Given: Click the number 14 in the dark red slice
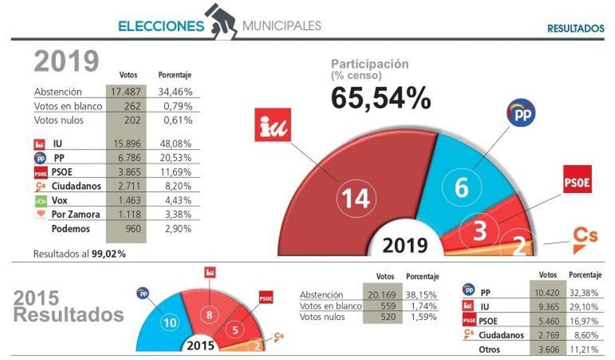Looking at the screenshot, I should point(356,198).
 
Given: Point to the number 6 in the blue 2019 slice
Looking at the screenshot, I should point(462,188).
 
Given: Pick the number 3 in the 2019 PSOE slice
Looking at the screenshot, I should point(479,231).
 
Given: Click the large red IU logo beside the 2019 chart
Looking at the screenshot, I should point(273,125).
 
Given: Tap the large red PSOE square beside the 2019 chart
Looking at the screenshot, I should point(577,179).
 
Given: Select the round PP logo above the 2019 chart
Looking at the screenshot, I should point(521,112).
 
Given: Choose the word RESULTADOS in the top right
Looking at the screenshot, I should point(576,29).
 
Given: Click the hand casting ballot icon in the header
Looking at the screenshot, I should point(221,21).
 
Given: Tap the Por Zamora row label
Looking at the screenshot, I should point(76,214).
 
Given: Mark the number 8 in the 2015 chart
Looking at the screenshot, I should point(209,315).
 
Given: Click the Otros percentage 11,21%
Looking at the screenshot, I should point(585,350).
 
